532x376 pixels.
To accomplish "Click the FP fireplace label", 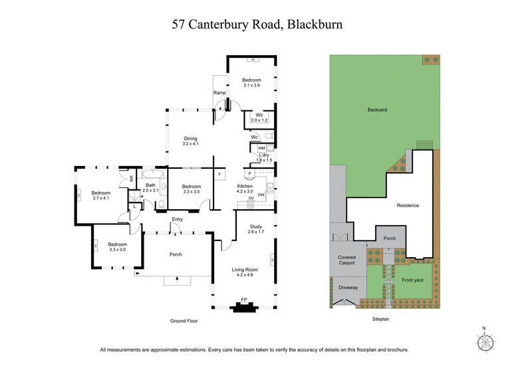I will pos(243,300).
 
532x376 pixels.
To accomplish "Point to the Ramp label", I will pos(219,92).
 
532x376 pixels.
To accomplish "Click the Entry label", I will pos(177,219).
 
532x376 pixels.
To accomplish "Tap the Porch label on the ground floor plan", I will pos(176,254).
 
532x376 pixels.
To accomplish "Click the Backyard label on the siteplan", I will pos(377,110).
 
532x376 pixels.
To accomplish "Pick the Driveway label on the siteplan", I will pos(348,288).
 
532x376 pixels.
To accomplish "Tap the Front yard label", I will pos(412,280).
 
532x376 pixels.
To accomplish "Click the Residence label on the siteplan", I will pos(408,205).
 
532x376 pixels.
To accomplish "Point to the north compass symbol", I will pos(485,341).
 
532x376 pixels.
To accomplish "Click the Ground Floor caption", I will pos(183,321).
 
